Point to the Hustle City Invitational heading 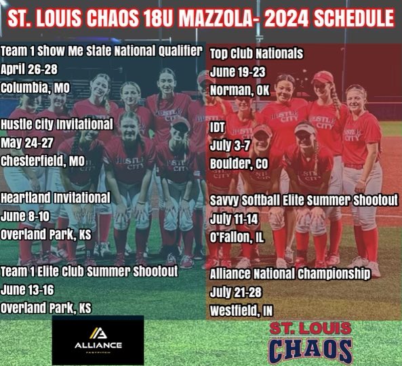click(x=57, y=125)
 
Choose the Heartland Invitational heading click(x=56, y=197)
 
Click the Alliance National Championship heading click(x=290, y=274)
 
